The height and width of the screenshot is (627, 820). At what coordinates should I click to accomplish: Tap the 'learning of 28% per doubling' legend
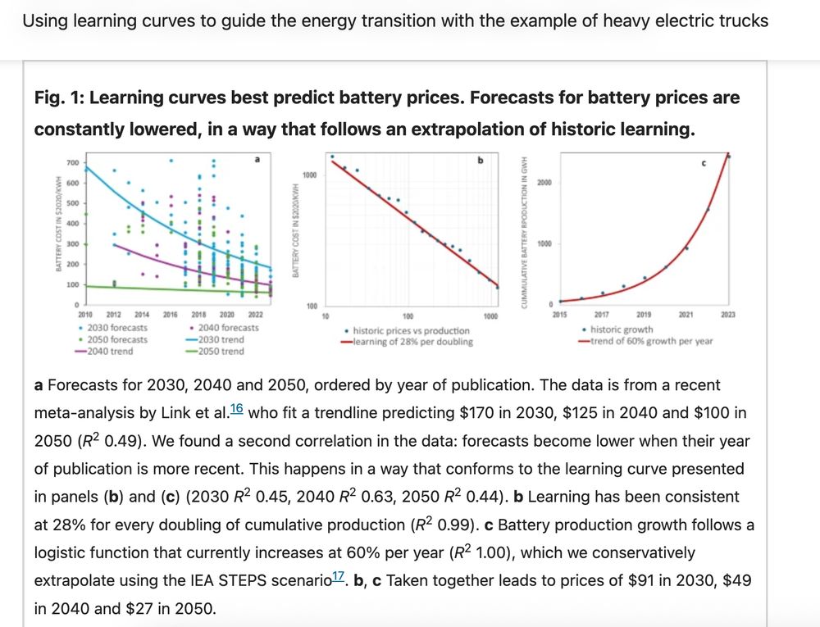point(412,342)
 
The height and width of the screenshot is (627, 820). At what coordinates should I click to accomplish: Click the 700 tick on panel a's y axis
point(72,163)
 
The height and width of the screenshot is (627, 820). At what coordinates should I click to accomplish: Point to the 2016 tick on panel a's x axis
point(171,315)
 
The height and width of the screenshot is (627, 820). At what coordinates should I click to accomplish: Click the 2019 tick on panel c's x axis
point(644,315)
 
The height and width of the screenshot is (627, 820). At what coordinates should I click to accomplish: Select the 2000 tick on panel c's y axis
point(543,182)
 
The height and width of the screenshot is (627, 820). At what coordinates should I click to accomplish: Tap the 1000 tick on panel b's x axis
point(490,316)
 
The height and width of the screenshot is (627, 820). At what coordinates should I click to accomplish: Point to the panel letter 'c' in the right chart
point(704,164)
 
